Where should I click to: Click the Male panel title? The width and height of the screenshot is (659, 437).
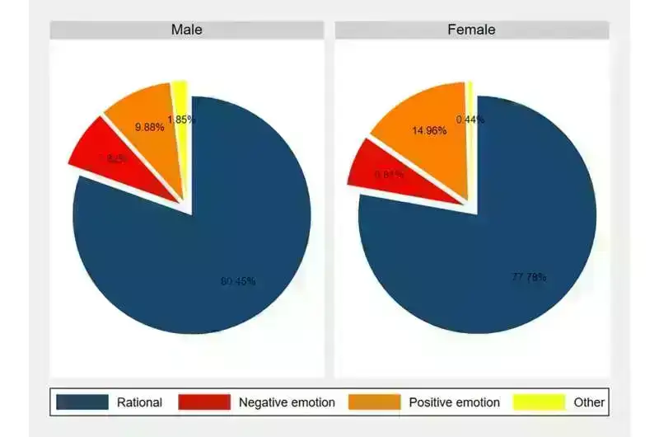point(186,30)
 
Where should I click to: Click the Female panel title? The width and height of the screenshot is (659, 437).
point(471,30)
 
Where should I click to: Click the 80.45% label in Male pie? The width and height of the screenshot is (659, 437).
point(238,281)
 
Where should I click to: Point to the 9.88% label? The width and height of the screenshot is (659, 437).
point(149,127)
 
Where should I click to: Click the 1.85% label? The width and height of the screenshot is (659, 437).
point(181,120)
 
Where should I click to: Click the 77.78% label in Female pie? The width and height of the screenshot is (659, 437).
point(529,277)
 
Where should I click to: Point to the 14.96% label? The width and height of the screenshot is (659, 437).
point(430,129)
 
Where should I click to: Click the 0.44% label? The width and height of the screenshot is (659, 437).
point(470,120)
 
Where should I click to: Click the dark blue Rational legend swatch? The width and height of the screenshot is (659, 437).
point(82,402)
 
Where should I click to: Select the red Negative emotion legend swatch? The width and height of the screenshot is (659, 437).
point(204,402)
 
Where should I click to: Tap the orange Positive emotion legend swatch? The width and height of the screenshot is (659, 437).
point(375,402)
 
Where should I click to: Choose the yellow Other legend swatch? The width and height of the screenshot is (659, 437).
point(540,402)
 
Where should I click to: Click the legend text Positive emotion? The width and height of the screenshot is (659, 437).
point(454,402)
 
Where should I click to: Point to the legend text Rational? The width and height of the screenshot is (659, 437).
point(140,402)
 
